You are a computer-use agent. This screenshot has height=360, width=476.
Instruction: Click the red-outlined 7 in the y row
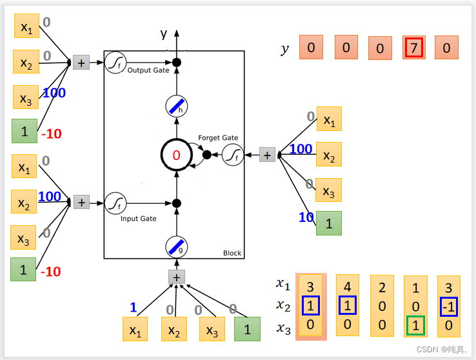click(x=414, y=48)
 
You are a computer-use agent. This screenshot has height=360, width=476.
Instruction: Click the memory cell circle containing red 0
click(x=176, y=154)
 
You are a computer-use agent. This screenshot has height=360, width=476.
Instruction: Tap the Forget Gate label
click(x=218, y=137)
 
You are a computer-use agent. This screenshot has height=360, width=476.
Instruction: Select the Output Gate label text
click(x=148, y=70)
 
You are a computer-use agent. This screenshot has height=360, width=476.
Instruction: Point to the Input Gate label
click(x=139, y=219)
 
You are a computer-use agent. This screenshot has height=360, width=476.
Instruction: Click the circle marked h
click(x=176, y=106)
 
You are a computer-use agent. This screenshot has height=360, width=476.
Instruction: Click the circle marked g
click(x=176, y=246)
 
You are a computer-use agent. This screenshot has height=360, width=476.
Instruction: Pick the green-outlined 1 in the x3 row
click(x=416, y=326)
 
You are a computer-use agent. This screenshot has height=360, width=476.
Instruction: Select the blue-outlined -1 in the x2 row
click(x=449, y=306)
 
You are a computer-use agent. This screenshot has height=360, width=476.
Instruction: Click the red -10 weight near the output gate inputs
click(x=51, y=134)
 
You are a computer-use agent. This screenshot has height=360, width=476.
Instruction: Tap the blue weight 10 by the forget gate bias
click(x=306, y=218)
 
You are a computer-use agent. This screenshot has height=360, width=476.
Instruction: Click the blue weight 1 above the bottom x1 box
click(x=134, y=308)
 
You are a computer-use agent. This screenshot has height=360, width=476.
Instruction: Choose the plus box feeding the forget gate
click(x=267, y=154)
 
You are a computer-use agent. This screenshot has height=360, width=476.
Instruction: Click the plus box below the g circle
click(x=176, y=277)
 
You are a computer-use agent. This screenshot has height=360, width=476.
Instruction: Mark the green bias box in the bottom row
click(x=247, y=329)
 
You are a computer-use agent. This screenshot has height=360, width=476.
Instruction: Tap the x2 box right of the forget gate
click(x=329, y=155)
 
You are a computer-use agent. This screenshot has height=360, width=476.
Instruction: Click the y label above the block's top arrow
click(x=164, y=34)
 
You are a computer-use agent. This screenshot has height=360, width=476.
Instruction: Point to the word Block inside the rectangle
click(x=232, y=253)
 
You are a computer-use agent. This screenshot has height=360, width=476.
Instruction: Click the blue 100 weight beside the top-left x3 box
click(x=54, y=93)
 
